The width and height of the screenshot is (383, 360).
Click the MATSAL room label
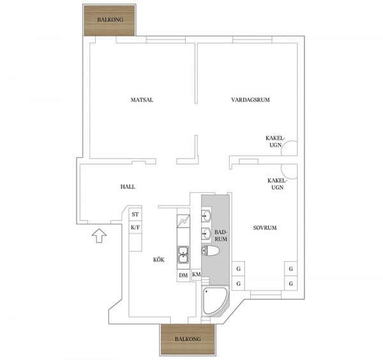click(x=142, y=100)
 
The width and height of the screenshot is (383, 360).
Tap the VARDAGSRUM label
click(x=250, y=100)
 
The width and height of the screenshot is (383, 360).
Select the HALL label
click(x=128, y=187)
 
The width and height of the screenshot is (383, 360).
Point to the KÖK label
click(x=159, y=260)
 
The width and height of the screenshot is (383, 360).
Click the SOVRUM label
click(x=265, y=228)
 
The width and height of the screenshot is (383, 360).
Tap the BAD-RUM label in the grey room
click(x=221, y=236)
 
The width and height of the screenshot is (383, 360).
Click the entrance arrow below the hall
click(x=99, y=236)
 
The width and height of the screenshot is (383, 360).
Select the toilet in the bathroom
click(x=210, y=251)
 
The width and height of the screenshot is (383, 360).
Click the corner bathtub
click(x=215, y=301)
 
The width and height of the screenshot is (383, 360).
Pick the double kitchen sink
click(x=183, y=255)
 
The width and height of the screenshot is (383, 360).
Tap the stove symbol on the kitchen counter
click(x=183, y=221)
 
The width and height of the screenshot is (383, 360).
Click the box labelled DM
click(x=183, y=276)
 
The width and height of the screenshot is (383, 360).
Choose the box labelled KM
click(x=196, y=274)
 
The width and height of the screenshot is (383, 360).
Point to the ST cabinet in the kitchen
click(x=135, y=214)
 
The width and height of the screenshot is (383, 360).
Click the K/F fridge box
click(x=135, y=227)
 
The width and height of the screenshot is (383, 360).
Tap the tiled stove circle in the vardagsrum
click(x=289, y=148)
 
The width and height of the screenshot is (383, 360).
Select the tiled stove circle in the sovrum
click(x=289, y=171)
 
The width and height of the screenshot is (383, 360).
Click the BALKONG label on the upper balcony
click(x=110, y=20)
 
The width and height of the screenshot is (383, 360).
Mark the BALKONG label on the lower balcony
click(x=188, y=339)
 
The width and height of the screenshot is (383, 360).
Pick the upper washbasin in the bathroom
click(x=206, y=216)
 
